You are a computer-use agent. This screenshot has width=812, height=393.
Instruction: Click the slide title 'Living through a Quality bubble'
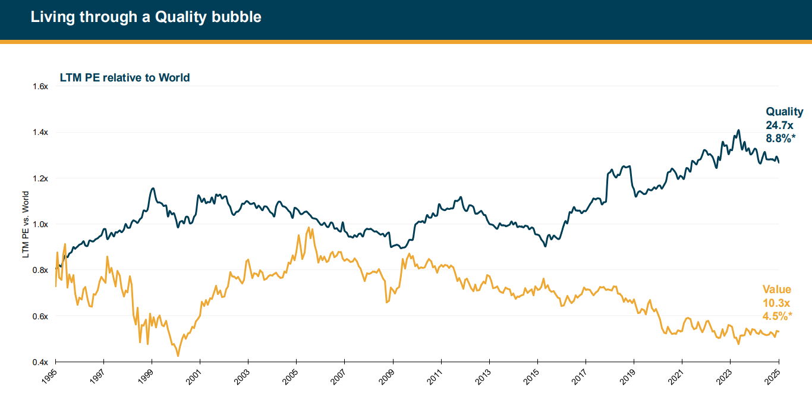tap(146, 17)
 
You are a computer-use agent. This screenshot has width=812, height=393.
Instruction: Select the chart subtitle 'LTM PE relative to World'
tap(125, 77)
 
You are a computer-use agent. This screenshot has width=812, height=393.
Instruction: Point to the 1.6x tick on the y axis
tap(40, 86)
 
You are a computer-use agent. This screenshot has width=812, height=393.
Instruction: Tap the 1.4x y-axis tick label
tap(40, 132)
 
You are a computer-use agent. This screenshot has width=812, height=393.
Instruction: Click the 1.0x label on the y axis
tap(40, 224)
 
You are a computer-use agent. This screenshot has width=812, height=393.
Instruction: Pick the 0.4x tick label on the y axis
tap(40, 361)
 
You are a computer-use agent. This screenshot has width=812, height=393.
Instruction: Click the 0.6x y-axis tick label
tap(40, 316)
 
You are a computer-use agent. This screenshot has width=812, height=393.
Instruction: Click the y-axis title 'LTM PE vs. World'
tap(26, 224)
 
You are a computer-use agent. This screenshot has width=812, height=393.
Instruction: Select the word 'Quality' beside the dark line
tap(784, 112)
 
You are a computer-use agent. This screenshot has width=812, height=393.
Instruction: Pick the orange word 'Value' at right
tap(777, 290)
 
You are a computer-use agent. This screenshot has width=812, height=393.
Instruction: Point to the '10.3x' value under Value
tap(776, 303)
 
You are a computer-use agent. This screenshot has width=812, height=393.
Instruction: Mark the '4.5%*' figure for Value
tap(778, 316)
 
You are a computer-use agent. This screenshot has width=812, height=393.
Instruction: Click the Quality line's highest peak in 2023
tap(738, 130)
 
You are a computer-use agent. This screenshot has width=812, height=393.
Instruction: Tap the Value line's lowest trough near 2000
tap(178, 356)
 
